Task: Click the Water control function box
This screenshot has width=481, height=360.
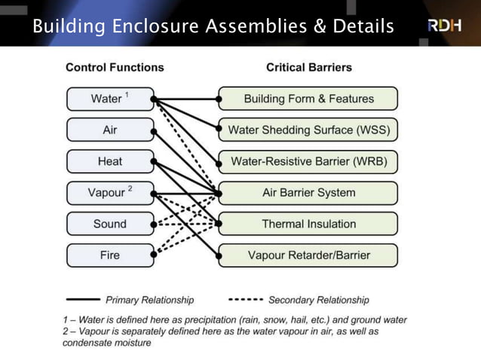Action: click(110, 99)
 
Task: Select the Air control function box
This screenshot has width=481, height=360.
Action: click(110, 130)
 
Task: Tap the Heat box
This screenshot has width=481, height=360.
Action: click(110, 162)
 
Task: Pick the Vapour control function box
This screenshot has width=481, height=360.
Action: click(110, 193)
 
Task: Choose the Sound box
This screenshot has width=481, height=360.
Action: click(110, 224)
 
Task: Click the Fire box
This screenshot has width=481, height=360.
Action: click(110, 255)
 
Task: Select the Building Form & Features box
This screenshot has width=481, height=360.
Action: click(308, 99)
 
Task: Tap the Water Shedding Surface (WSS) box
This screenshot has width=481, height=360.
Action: click(308, 130)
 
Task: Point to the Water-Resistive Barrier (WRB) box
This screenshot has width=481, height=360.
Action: click(308, 162)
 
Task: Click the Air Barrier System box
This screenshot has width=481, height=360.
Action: click(308, 193)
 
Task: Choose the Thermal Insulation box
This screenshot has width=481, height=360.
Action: click(308, 224)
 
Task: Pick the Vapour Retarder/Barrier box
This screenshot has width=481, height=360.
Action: click(308, 255)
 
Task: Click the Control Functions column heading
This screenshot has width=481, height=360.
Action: click(115, 67)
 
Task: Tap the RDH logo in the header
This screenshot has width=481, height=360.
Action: click(445, 26)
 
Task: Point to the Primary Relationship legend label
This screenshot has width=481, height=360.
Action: click(149, 300)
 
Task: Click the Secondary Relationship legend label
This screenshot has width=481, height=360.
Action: click(319, 300)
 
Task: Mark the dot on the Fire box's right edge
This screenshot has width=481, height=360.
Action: click(153, 255)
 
